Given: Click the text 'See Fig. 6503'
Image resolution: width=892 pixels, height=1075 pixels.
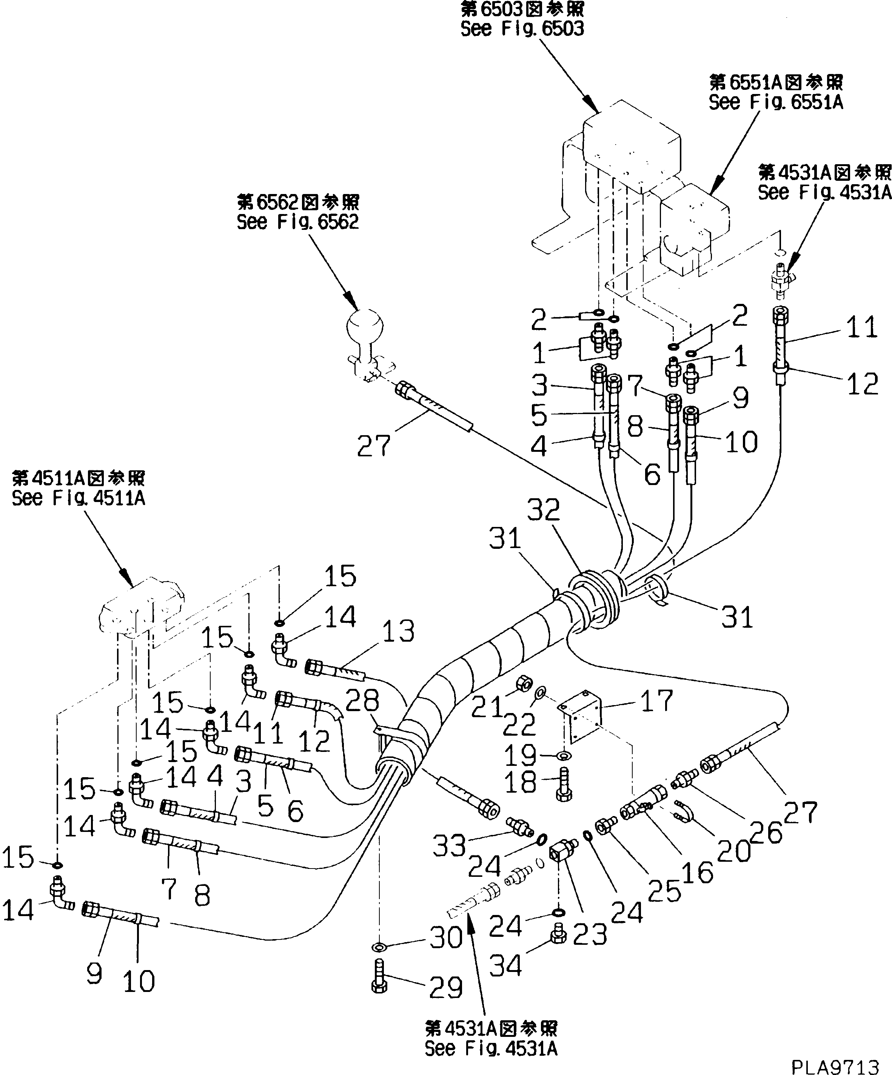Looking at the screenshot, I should pyautogui.click(x=522, y=29).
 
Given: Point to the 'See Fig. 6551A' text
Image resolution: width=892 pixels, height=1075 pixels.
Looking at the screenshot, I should pyautogui.click(x=775, y=102).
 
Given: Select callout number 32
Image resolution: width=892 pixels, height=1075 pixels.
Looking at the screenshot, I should pyautogui.click(x=544, y=510).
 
